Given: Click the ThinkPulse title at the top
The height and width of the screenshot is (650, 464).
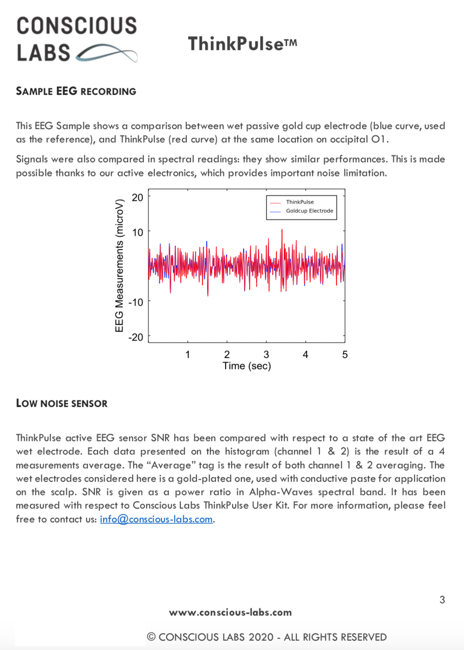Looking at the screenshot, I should (242, 44).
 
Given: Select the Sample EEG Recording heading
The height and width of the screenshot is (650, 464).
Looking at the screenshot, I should (76, 91).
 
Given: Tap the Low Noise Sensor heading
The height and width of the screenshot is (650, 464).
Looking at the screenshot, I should (62, 403).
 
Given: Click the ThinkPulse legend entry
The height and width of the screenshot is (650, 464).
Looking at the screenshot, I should (299, 202).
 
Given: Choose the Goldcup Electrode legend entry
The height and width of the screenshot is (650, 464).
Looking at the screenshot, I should (309, 211).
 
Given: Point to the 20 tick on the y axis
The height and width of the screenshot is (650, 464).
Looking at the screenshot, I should (137, 198).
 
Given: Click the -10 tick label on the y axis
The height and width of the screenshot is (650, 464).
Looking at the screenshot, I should (136, 302).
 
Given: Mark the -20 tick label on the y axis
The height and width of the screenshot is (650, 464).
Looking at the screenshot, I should (136, 337).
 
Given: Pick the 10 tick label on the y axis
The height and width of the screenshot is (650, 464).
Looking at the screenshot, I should (138, 233).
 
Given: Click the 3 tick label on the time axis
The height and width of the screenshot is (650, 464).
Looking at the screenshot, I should (266, 355).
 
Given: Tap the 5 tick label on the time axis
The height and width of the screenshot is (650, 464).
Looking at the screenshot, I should (345, 355).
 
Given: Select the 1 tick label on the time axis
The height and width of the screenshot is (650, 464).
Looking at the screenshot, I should (188, 355).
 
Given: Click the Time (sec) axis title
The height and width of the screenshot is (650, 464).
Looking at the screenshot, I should (247, 366).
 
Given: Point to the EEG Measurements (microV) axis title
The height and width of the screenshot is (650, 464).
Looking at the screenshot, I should (119, 265).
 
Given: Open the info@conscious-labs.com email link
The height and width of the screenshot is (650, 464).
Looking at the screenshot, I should (156, 519).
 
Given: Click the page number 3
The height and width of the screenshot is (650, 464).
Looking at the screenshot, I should (442, 600).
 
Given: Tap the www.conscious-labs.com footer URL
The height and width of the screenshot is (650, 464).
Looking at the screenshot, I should (230, 613).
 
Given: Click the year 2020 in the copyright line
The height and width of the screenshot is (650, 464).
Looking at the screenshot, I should (261, 637).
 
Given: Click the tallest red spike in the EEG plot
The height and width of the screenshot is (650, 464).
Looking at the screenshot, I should (282, 231).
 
